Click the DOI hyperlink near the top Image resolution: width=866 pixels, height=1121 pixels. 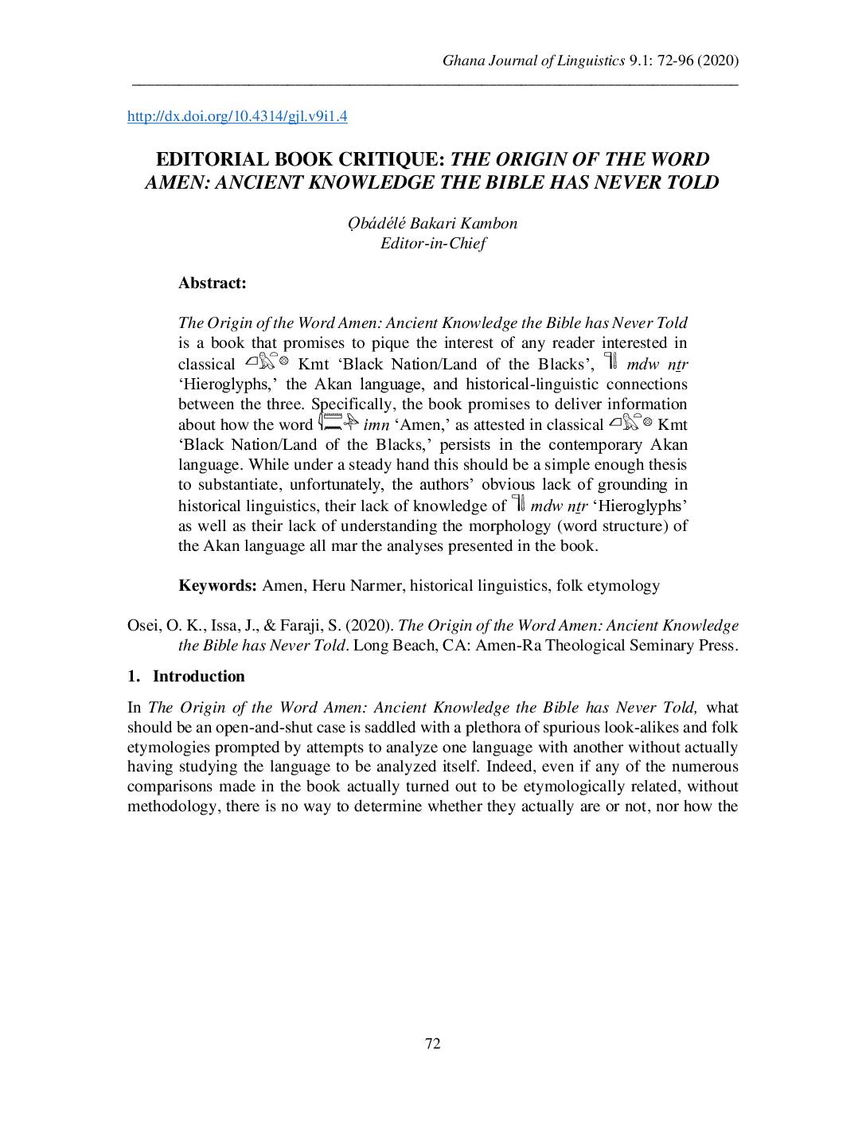[x=237, y=117]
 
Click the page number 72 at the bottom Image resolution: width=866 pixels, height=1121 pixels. [x=433, y=1044]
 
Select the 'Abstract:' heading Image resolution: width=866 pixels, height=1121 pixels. [x=212, y=283]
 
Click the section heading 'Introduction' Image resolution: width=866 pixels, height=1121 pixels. [x=198, y=677]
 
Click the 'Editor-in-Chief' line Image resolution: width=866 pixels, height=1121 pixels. [x=433, y=244]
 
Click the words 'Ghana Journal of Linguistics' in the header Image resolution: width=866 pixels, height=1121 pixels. [x=533, y=61]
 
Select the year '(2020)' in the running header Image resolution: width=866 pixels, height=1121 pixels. [x=719, y=61]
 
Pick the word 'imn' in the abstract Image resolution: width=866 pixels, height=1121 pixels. [x=376, y=425]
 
